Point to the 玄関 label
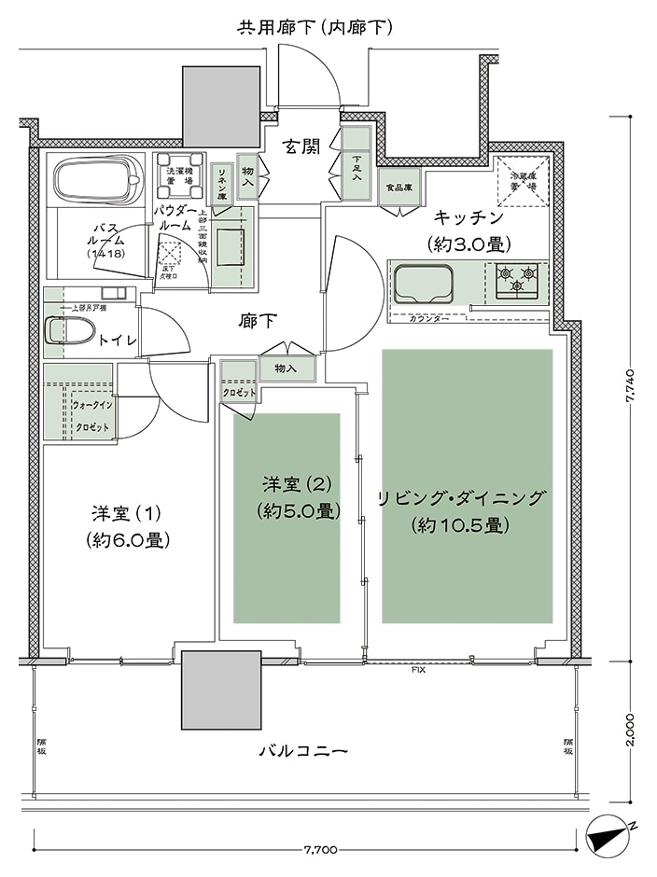tap(296, 147)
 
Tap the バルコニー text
tap(303, 750)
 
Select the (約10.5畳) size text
tap(459, 525)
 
